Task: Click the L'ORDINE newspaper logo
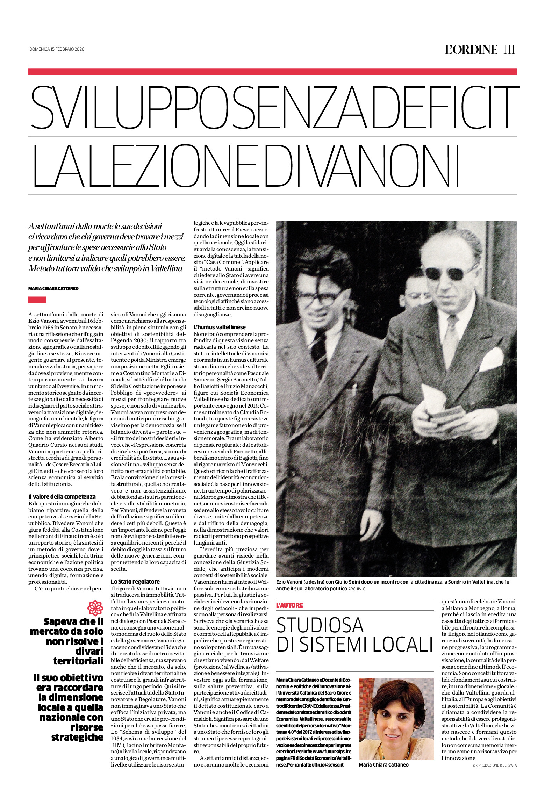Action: point(471,50)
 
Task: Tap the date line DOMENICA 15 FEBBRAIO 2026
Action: point(57,49)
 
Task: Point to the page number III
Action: point(509,50)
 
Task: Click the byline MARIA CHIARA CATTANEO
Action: point(53,289)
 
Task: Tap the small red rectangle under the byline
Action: point(37,300)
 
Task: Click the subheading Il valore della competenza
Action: point(62,496)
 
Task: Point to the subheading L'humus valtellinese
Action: point(220,327)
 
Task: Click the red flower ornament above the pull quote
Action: point(95,608)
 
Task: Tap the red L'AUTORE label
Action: point(289,605)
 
